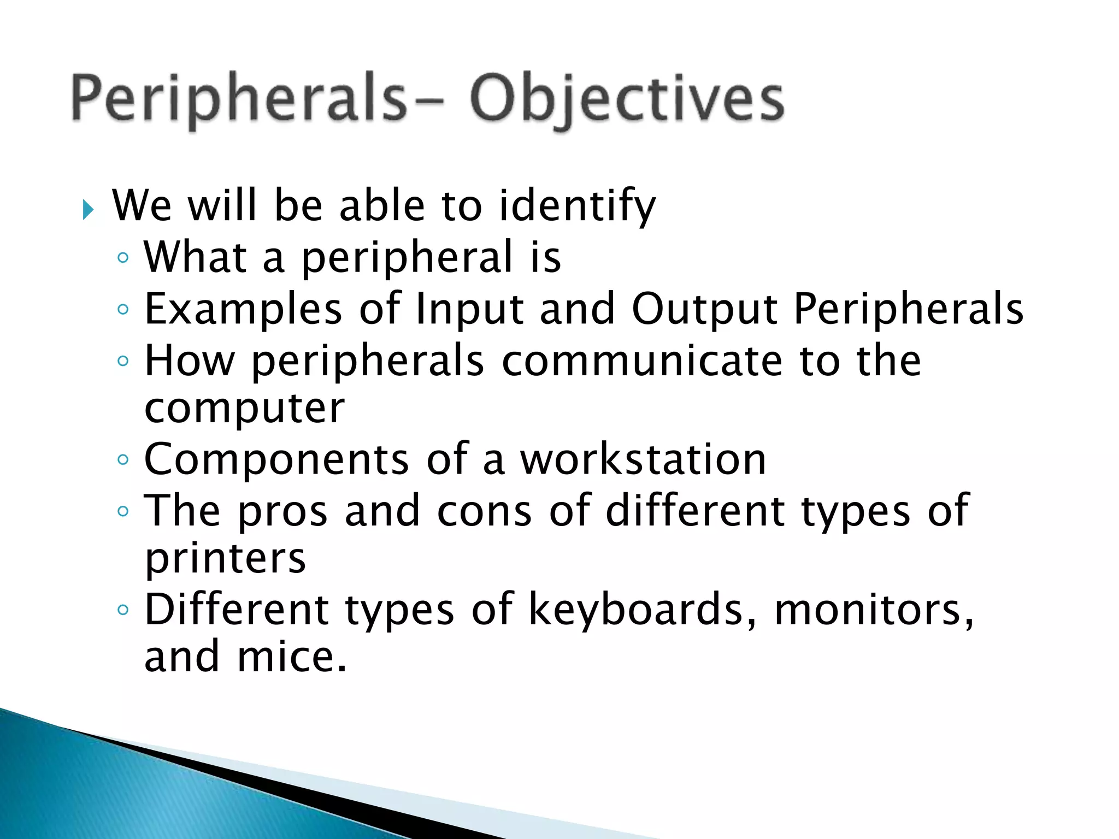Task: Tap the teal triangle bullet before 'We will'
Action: pyautogui.click(x=88, y=210)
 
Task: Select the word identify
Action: pyautogui.click(x=577, y=206)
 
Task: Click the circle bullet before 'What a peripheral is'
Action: pyautogui.click(x=123, y=258)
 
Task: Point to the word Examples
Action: pyautogui.click(x=243, y=310)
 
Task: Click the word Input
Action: pyautogui.click(x=470, y=310)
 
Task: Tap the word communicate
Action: pyautogui.click(x=642, y=361)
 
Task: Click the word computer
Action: pyautogui.click(x=244, y=409)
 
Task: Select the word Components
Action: pyautogui.click(x=276, y=459)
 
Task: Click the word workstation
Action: pyautogui.click(x=643, y=459)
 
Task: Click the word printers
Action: pyautogui.click(x=225, y=559)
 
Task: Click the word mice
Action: pyautogui.click(x=291, y=657)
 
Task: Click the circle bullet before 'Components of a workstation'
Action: pyautogui.click(x=123, y=460)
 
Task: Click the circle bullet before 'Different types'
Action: pyautogui.click(x=123, y=610)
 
